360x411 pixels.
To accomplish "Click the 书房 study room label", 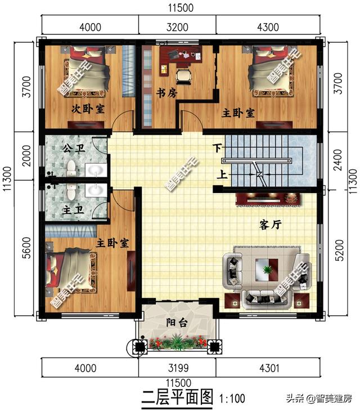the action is point(166,93).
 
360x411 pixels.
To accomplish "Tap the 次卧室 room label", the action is point(88,109).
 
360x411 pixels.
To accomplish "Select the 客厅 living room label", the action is point(271,225).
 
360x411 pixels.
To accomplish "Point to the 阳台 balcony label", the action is point(177,323).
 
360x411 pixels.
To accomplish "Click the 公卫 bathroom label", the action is point(74,149).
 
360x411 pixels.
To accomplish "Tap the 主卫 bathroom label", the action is point(73,209).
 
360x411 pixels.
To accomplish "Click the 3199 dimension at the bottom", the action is point(178,368).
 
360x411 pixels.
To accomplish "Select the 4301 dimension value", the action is point(269,368).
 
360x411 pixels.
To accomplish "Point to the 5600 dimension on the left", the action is point(26,248).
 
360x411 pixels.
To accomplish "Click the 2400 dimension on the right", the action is point(338,160).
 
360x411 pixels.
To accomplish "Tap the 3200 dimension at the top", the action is point(177,27).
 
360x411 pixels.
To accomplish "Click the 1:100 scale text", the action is point(232,399).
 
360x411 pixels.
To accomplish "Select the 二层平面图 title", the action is point(177,397).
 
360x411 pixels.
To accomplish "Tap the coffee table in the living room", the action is point(267,270).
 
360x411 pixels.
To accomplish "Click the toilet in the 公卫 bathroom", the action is point(71,168).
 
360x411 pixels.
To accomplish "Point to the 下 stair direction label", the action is point(217,148).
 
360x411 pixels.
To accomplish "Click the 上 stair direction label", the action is point(222,175).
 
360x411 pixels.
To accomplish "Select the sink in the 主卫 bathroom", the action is point(96,190).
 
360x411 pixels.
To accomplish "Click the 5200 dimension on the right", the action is point(339,251).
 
